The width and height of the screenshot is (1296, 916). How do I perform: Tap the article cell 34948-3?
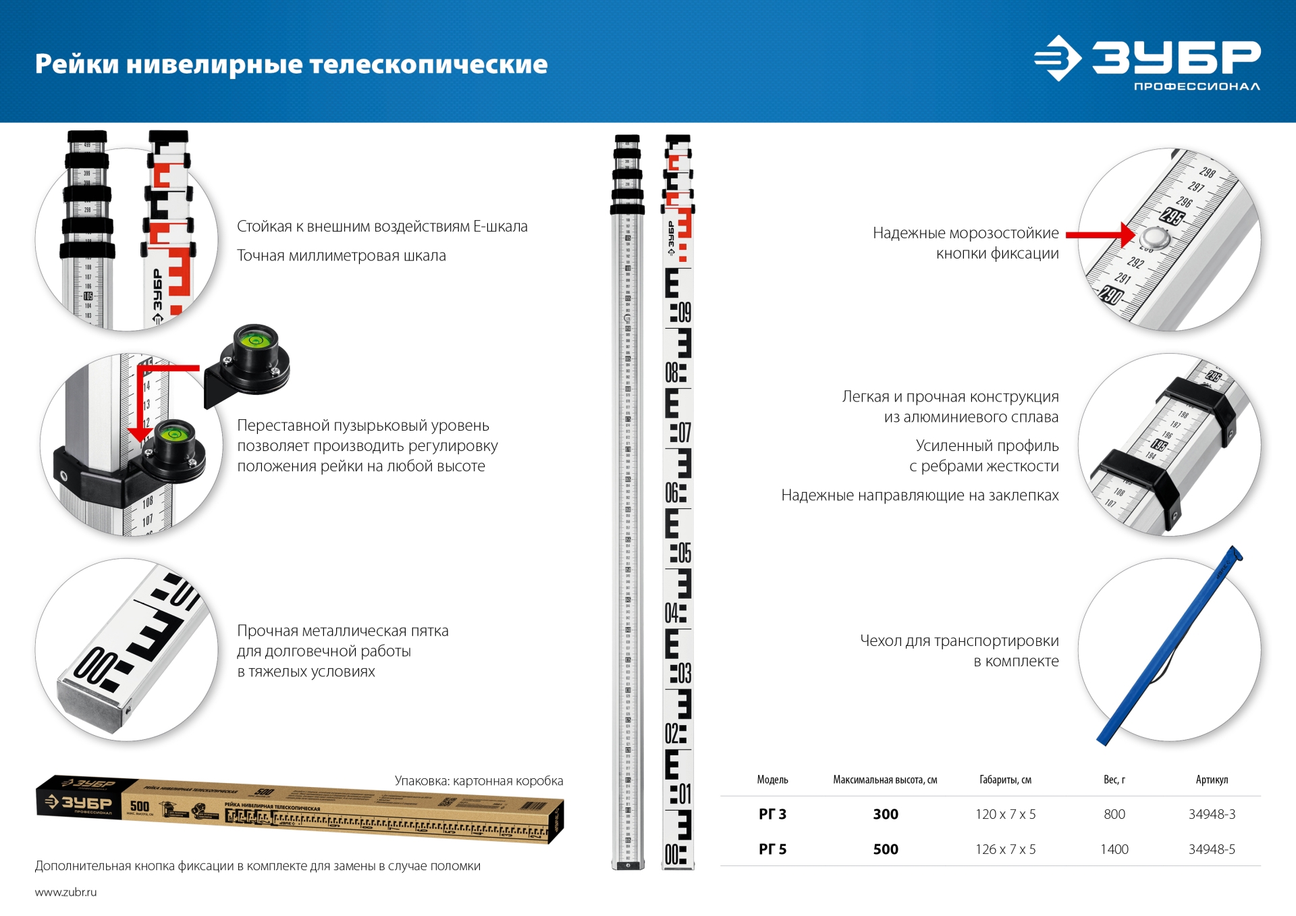1212,814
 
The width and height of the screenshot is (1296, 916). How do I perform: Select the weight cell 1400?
1114,849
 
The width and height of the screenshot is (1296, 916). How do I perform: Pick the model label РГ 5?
772,849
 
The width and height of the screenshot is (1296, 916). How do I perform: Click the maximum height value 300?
885,814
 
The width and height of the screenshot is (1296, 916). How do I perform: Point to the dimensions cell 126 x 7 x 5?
1005,849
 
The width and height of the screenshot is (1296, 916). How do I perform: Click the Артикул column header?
1212,780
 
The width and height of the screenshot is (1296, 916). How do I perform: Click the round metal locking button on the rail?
1154,238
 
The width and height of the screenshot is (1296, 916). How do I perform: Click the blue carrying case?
1168,648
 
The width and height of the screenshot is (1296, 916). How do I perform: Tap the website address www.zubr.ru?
65,892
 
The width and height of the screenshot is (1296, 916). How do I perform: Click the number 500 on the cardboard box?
140,806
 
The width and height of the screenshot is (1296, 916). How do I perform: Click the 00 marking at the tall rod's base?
673,855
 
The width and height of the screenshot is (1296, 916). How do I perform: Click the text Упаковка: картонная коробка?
479,781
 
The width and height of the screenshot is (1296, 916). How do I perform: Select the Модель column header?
772,780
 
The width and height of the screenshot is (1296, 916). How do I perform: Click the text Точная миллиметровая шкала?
341,256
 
